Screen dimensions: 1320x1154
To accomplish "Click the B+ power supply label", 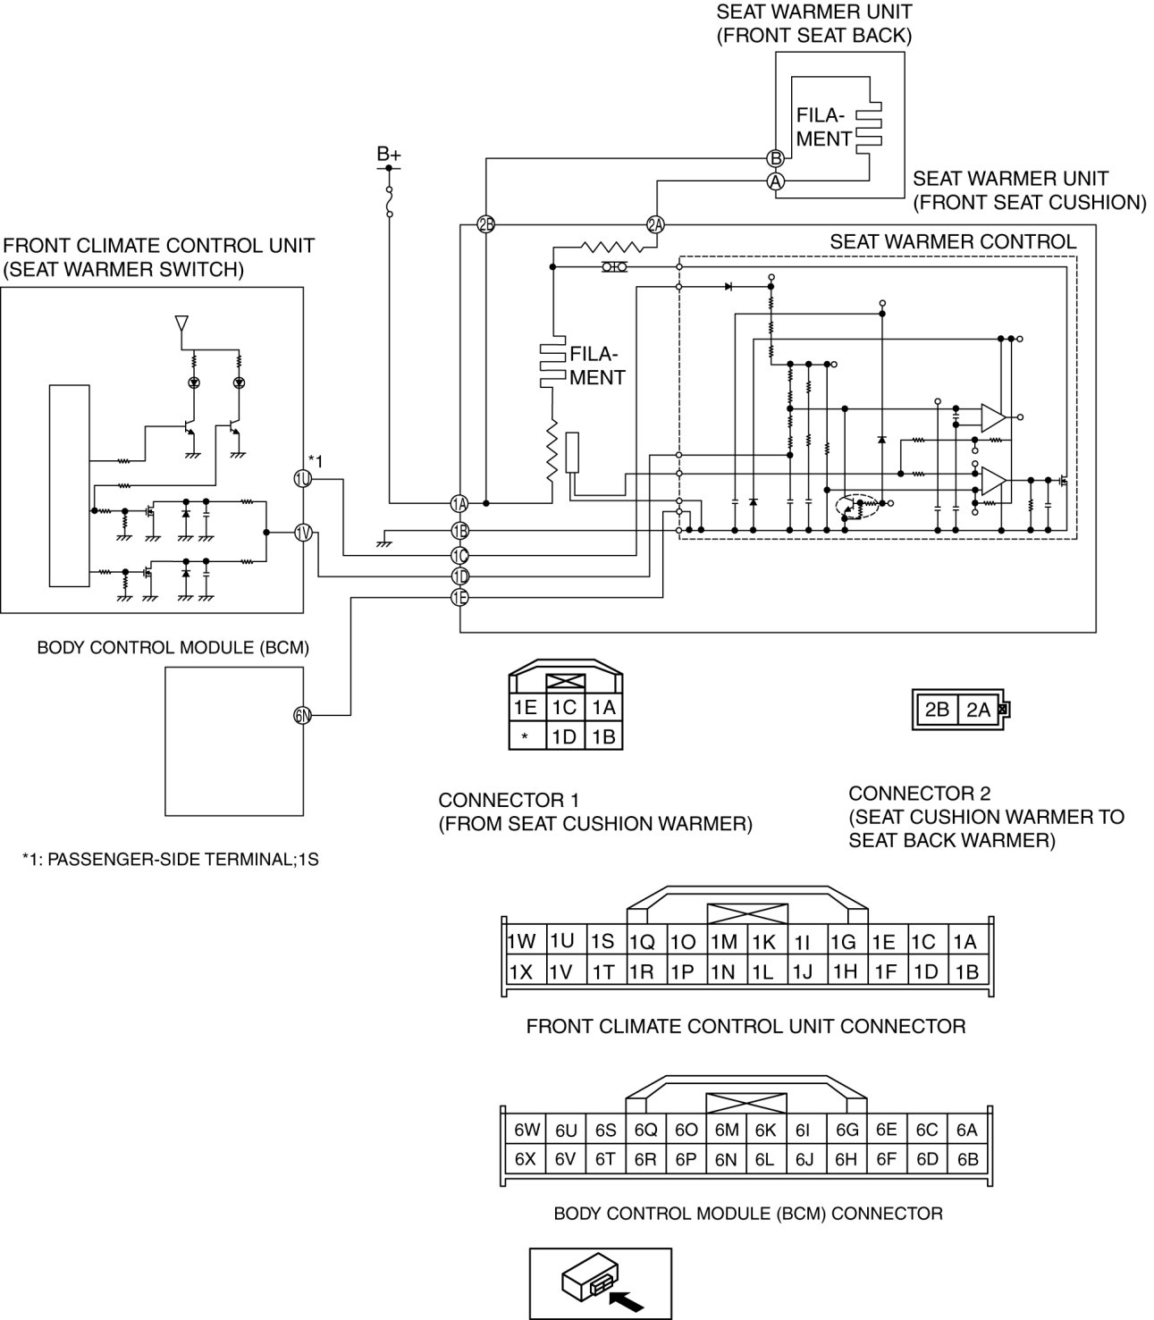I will click(389, 155).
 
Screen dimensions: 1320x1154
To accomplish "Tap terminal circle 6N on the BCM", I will click(302, 714).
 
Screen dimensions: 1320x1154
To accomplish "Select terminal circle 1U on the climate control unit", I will click(302, 479).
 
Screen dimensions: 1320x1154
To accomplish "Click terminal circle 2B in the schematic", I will click(485, 224).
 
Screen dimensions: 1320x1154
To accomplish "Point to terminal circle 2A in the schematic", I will click(655, 224).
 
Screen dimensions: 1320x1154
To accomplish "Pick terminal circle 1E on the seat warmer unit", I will click(459, 598).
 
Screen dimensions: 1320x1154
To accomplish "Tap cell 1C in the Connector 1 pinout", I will click(564, 708).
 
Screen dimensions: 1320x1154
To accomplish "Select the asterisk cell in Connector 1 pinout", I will click(526, 736).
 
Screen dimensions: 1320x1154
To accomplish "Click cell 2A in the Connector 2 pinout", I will click(979, 710).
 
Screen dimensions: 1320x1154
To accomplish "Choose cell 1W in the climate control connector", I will click(521, 942).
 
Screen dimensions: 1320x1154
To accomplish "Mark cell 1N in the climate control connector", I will click(722, 971).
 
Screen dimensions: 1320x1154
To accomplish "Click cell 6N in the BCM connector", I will click(726, 1159).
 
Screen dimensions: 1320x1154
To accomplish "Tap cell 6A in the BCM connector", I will click(967, 1130).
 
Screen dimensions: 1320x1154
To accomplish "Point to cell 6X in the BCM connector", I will click(525, 1159).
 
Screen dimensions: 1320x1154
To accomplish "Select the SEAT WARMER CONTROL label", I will click(953, 241).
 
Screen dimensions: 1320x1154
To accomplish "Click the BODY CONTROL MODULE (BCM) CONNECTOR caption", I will click(748, 1214).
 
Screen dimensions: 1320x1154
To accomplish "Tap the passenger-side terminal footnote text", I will click(171, 861).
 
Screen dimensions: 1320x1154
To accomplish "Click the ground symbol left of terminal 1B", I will click(383, 540).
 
